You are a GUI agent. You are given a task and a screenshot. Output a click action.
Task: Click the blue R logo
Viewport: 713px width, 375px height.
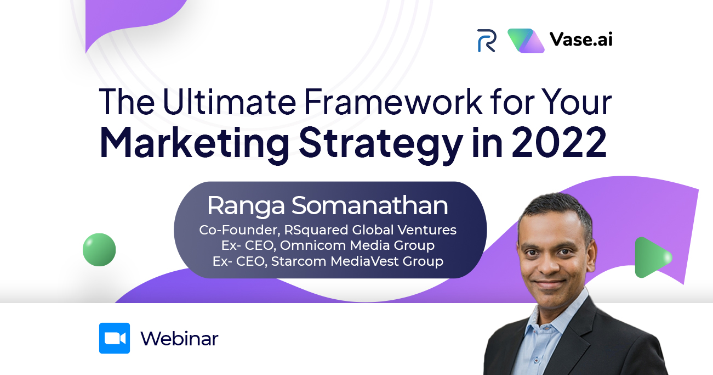[487, 40]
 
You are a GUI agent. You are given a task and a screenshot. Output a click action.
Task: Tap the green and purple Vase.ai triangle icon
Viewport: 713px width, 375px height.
[526, 41]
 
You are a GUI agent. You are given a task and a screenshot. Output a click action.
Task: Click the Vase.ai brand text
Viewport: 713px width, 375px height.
[581, 39]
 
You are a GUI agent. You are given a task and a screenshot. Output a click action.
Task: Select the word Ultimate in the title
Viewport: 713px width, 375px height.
[230, 102]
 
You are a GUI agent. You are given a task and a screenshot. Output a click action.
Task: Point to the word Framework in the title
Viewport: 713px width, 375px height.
[393, 102]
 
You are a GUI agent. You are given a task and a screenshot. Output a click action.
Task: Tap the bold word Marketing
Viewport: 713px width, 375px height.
[195, 143]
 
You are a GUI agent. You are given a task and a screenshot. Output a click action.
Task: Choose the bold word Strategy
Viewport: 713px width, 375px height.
[381, 144]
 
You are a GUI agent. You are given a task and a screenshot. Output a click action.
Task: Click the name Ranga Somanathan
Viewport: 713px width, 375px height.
[328, 206]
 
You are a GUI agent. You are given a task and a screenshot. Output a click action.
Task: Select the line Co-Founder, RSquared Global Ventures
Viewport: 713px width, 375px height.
[328, 230]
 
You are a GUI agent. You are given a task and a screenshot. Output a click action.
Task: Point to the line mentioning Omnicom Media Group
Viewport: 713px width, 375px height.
[328, 245]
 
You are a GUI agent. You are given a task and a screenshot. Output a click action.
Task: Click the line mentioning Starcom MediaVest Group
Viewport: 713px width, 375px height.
[328, 261]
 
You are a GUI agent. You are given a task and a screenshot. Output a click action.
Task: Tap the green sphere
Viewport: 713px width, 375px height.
[99, 250]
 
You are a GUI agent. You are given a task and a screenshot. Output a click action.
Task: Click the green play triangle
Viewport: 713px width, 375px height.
[652, 258]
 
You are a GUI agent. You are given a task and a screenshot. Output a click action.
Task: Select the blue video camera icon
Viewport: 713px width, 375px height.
[115, 338]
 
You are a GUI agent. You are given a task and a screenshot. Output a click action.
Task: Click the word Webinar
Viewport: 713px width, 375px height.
[180, 338]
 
